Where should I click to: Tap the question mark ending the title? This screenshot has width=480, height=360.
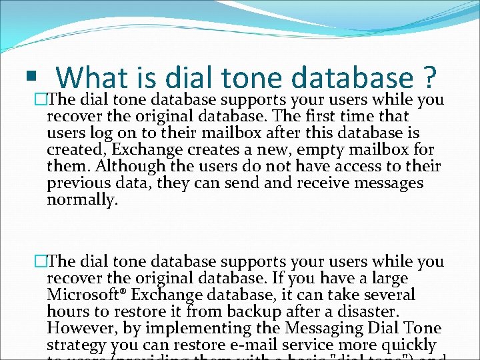429,77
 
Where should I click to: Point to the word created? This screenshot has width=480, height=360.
73,149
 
